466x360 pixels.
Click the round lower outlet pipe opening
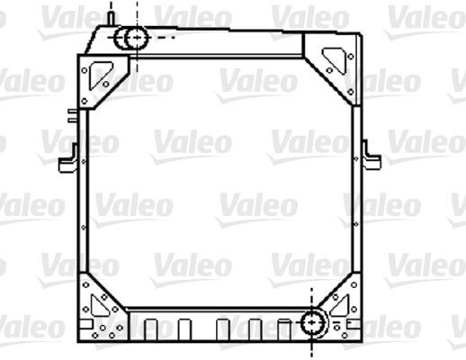point(314,323)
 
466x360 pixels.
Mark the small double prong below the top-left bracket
point(71,115)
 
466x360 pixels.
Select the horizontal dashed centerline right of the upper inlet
point(162,39)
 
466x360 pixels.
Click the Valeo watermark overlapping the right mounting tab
point(423,142)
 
